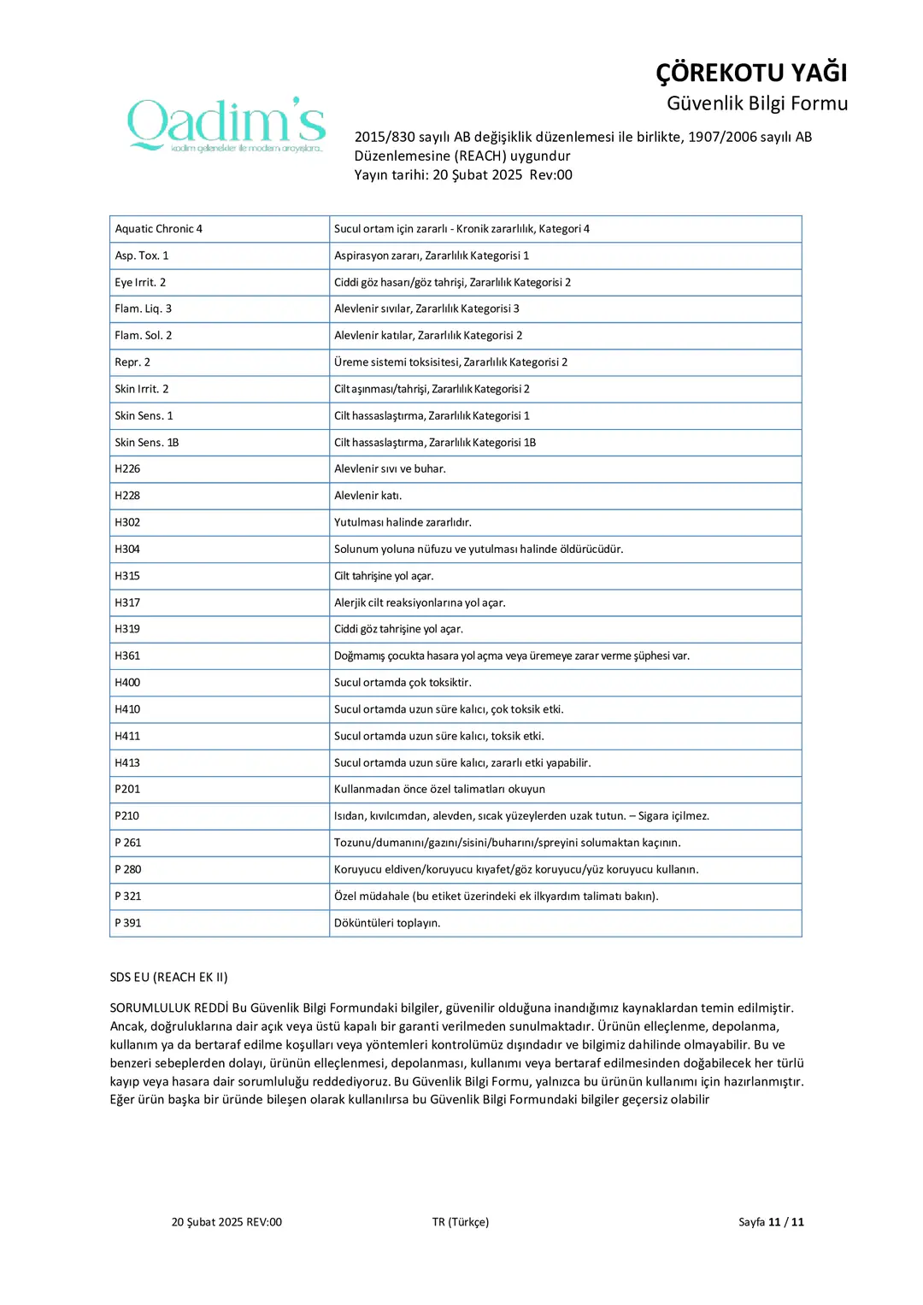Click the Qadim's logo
click(226, 125)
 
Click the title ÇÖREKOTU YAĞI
click(751, 73)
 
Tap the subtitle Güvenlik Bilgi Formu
click(756, 103)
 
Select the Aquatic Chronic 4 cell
click(159, 229)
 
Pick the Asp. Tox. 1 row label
click(142, 256)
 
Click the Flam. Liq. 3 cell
click(144, 309)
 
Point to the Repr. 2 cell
click(132, 362)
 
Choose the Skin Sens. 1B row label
click(147, 443)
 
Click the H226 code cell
click(127, 469)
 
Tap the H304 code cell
click(127, 550)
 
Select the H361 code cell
click(127, 656)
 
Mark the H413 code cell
click(127, 763)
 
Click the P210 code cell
click(127, 816)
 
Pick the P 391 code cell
click(128, 923)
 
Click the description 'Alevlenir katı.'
click(367, 496)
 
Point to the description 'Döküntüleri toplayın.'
click(387, 923)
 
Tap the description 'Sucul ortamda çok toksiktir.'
click(403, 683)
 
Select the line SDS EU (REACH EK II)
click(169, 977)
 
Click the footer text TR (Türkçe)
click(461, 1222)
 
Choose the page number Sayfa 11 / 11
click(771, 1222)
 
